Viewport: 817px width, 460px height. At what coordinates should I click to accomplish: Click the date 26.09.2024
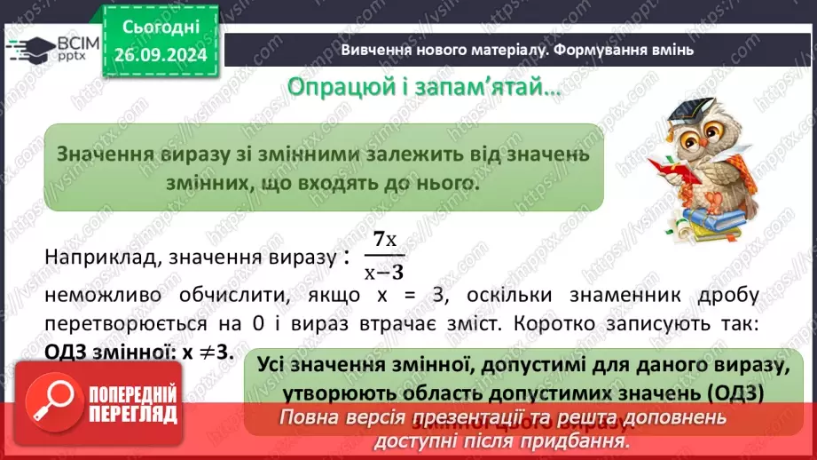point(161,56)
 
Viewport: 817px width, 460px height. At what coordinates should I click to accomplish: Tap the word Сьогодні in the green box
point(161,28)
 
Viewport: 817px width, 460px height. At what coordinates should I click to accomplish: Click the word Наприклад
point(89,257)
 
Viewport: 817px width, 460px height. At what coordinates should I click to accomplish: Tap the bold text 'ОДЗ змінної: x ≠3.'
point(138,351)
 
